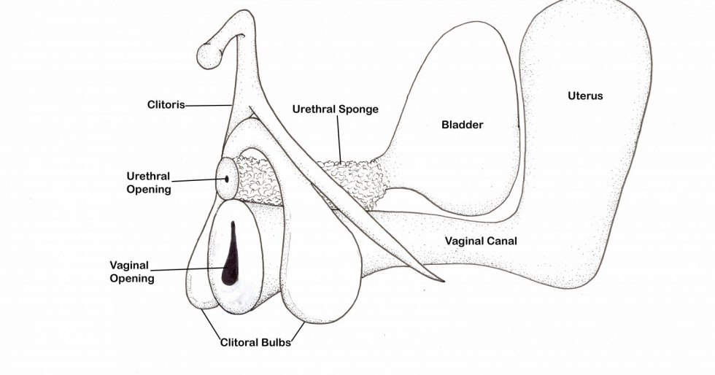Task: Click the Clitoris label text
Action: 166,105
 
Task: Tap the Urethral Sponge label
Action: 335,109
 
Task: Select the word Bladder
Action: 462,125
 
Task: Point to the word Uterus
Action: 585,96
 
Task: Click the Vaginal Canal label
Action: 481,241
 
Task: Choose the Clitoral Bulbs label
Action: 255,341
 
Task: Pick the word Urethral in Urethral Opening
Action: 148,176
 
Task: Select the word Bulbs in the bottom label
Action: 276,341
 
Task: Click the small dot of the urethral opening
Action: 226,177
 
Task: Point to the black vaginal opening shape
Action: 231,255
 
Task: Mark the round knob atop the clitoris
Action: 210,55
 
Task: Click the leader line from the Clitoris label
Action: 209,106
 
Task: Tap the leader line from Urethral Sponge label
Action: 339,139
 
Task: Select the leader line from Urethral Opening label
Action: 197,179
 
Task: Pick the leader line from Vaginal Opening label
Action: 190,271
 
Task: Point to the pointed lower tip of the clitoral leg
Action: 441,280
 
